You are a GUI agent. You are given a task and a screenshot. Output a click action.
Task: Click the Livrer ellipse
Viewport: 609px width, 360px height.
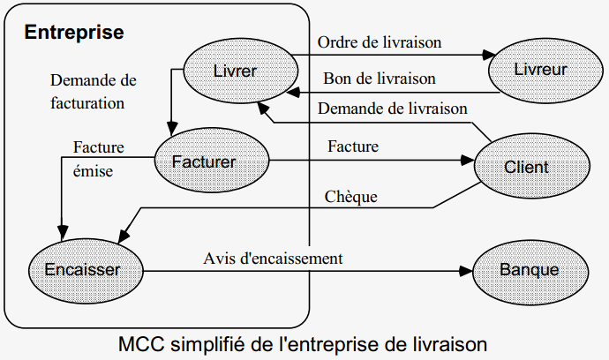(x=236, y=71)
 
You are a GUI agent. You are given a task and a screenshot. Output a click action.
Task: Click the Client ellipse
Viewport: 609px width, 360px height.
(x=526, y=166)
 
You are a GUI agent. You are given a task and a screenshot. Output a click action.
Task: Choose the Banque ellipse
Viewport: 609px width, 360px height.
(x=529, y=268)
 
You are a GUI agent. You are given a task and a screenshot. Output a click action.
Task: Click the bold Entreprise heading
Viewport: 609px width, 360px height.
(x=74, y=33)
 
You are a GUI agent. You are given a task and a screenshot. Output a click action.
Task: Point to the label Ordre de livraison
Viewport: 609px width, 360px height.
(x=380, y=41)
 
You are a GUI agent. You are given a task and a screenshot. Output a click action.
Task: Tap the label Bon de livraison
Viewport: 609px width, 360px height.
(x=380, y=79)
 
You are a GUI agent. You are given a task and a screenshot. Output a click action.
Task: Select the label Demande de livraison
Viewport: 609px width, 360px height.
(x=392, y=109)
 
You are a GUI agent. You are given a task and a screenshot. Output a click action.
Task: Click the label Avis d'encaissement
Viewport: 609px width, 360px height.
(x=273, y=259)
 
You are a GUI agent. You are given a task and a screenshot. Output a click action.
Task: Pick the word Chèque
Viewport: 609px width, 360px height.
(x=351, y=196)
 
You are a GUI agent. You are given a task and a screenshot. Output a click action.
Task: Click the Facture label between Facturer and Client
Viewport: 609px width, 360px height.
(x=352, y=146)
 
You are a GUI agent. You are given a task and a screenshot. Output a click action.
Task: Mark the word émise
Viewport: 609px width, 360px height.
(x=93, y=171)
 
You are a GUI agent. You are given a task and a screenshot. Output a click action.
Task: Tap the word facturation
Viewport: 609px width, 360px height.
(x=87, y=102)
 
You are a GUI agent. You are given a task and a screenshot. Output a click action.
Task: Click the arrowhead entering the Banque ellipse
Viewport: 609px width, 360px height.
(x=468, y=269)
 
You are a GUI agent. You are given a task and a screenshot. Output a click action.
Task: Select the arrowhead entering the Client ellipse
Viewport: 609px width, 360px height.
(x=469, y=161)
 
